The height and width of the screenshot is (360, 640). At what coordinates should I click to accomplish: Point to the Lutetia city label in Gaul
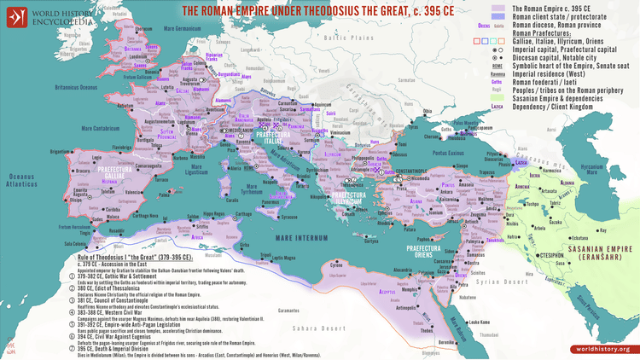pos(168,87)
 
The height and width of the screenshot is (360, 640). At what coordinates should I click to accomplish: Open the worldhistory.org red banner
pos(602,349)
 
